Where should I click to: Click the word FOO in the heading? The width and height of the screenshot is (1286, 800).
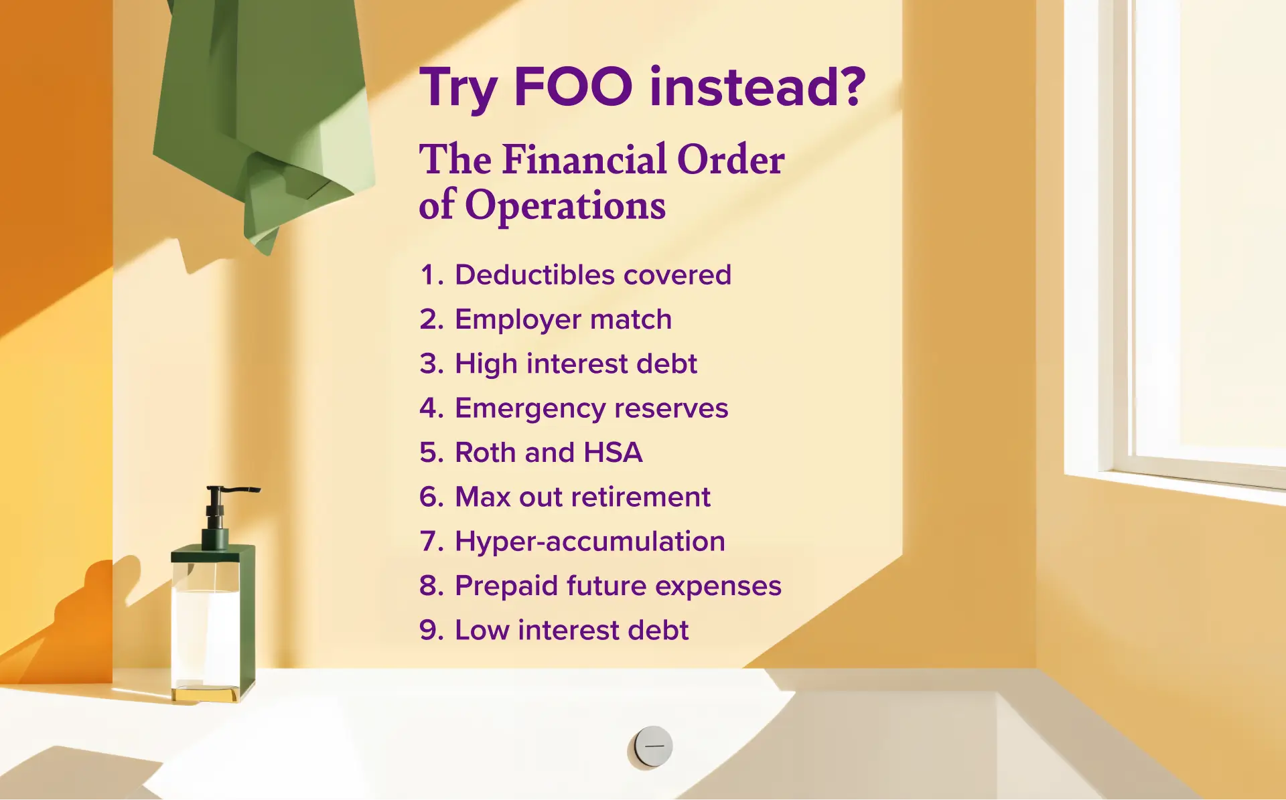coord(573,87)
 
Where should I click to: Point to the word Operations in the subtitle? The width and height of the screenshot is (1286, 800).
coord(565,206)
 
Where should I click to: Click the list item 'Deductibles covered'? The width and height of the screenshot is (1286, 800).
coord(575,274)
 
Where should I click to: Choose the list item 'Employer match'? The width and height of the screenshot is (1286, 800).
coord(545,319)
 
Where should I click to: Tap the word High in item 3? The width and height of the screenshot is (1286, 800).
coord(486,364)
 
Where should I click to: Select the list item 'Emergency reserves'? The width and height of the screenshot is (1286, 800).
coord(573,408)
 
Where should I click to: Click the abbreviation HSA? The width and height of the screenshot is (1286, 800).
coord(613,453)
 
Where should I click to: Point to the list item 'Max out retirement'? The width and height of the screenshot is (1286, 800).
coord(565,497)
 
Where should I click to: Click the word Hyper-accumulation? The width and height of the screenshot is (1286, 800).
coord(590,541)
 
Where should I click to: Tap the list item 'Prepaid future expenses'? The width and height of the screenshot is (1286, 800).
coord(600,586)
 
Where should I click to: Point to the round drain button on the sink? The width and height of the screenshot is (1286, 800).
coord(653,745)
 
